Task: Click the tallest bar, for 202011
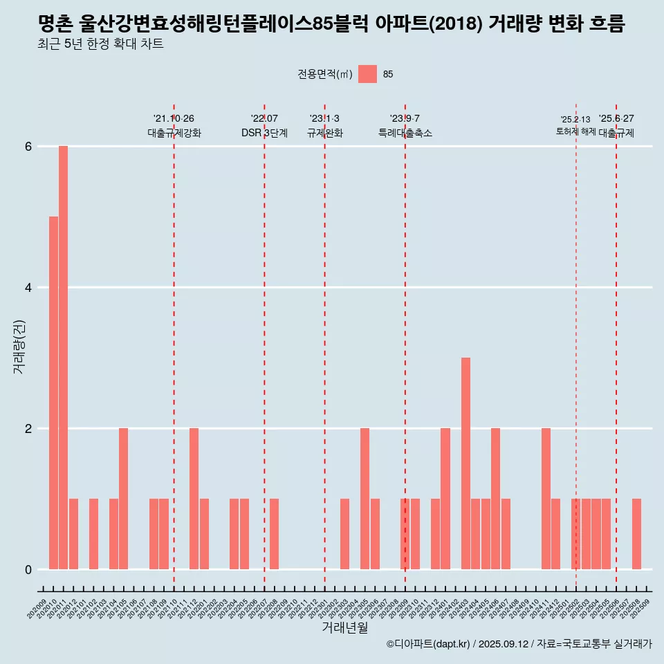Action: pyautogui.click(x=63, y=358)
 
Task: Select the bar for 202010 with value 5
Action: pyautogui.click(x=53, y=393)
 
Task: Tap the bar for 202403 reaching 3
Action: pyautogui.click(x=465, y=463)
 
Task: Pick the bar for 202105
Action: pyautogui.click(x=124, y=499)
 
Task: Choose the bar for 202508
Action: pyautogui.click(x=636, y=534)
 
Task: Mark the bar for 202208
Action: pyautogui.click(x=275, y=534)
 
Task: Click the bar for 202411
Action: pyautogui.click(x=546, y=499)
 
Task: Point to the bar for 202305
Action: pyautogui.click(x=365, y=499)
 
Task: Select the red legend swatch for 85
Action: pyautogui.click(x=367, y=74)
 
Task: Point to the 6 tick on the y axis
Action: pyautogui.click(x=28, y=147)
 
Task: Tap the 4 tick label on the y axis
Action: pyautogui.click(x=28, y=288)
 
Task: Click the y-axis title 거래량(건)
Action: pyautogui.click(x=19, y=346)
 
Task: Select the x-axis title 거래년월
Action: pyautogui.click(x=344, y=627)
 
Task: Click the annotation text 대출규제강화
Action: pyautogui.click(x=174, y=133)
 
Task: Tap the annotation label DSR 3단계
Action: pyautogui.click(x=264, y=133)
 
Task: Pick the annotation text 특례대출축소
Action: pyautogui.click(x=405, y=133)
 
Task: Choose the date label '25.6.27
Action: pyautogui.click(x=616, y=119)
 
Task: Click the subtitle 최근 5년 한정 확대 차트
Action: pyautogui.click(x=101, y=45)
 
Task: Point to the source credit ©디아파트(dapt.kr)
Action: pyautogui.click(x=428, y=644)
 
